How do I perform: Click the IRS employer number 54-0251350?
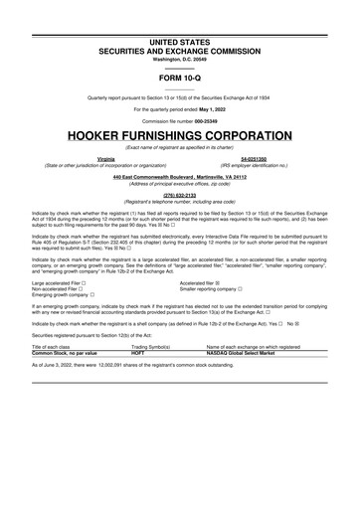(256, 157)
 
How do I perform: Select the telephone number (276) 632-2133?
(180, 194)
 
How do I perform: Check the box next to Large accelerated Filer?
(90, 254)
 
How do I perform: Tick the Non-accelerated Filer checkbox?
(85, 260)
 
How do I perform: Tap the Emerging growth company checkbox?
(92, 267)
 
